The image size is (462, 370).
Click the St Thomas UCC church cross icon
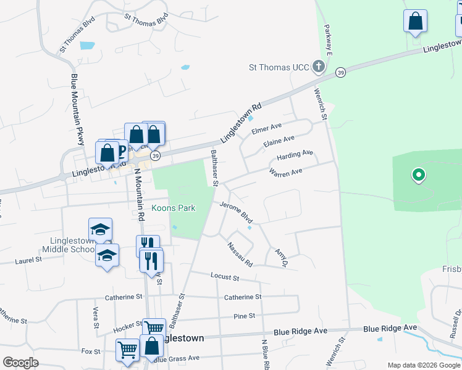coord(318,67)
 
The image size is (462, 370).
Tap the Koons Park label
coord(174,208)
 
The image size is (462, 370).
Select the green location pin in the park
coord(419,176)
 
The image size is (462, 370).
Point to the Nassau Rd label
coord(240,254)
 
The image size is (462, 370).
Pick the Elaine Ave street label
coord(279,142)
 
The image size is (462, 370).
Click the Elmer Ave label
coord(267,129)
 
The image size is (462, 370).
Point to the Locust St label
coord(224,275)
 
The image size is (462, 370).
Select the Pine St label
coord(245,316)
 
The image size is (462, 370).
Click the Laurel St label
coord(29,260)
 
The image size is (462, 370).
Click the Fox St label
coord(91,351)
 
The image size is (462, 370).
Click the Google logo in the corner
coord(21,362)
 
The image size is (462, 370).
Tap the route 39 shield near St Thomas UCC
coord(340,73)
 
